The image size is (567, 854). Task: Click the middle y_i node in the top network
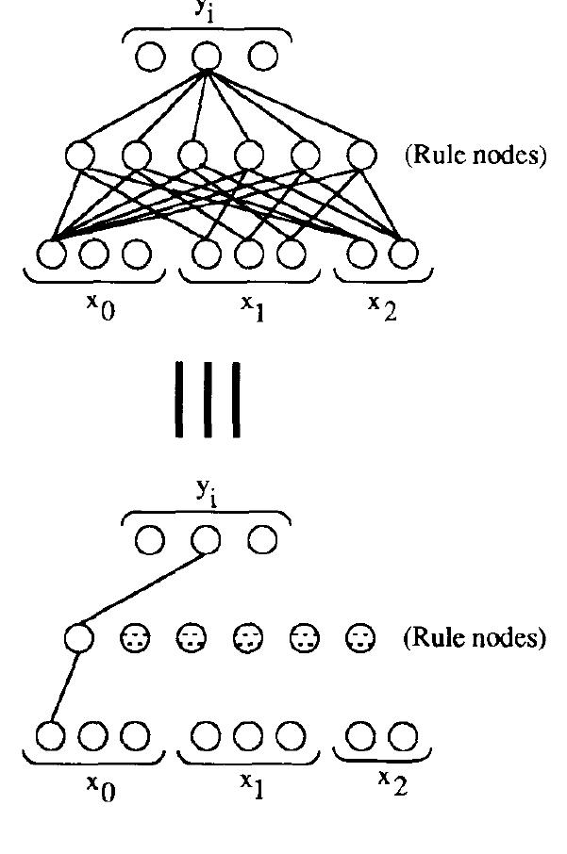point(207,57)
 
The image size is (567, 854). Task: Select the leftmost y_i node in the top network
point(150,57)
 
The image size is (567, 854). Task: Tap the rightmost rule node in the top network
point(359,153)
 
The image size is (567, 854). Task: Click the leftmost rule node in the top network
point(80,153)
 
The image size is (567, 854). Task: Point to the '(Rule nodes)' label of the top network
point(475,156)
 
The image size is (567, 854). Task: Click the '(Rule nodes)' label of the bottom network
point(475,638)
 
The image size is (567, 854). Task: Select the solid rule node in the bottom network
point(79,638)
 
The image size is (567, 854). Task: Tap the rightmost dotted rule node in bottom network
point(359,638)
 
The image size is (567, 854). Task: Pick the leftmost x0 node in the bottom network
point(53,734)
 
